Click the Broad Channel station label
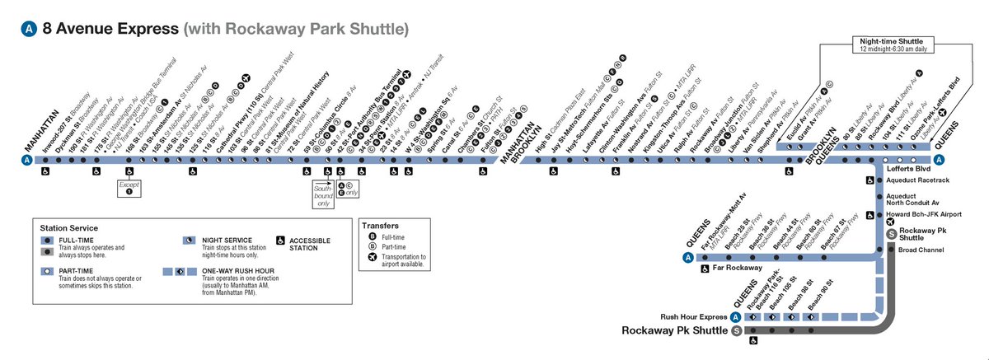pos(921,249)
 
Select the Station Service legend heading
pos(69,228)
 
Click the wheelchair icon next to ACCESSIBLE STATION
pos(280,241)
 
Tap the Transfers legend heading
pos(380,224)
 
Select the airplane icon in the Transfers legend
pos(372,257)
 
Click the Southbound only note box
pos(322,199)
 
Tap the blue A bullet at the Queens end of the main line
pos(940,160)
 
